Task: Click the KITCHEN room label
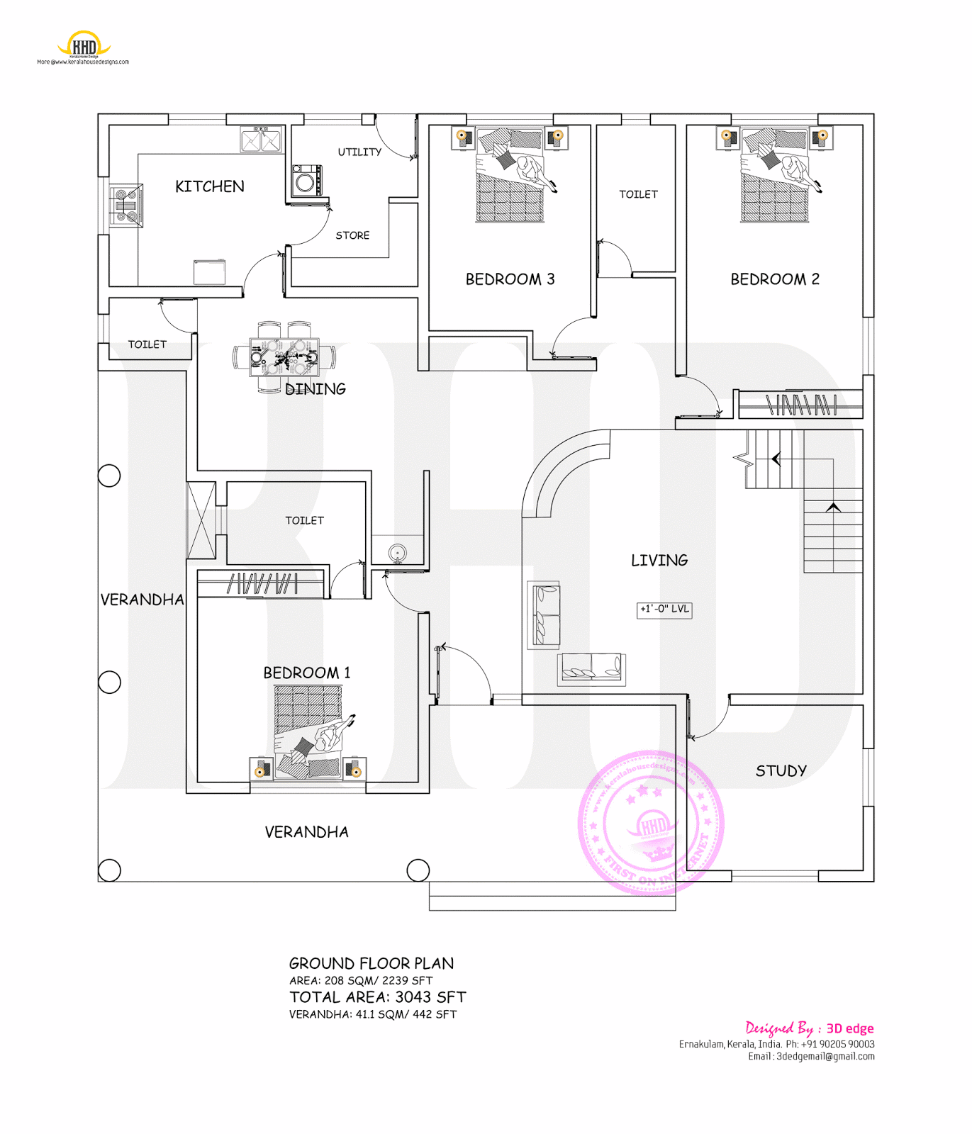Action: pyautogui.click(x=209, y=186)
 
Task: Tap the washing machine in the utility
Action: pyautogui.click(x=306, y=181)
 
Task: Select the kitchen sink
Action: pyautogui.click(x=261, y=140)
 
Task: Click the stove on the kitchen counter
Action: pyautogui.click(x=125, y=205)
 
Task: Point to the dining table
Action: pyautogui.click(x=284, y=357)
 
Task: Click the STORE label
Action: pyautogui.click(x=352, y=235)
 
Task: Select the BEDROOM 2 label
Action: pyautogui.click(x=774, y=279)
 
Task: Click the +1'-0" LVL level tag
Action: pyautogui.click(x=664, y=610)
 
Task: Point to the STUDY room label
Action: pyautogui.click(x=781, y=771)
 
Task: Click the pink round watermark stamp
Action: pyautogui.click(x=650, y=823)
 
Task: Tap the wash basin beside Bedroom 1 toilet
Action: pyautogui.click(x=397, y=553)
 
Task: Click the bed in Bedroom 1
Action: pyautogui.click(x=308, y=730)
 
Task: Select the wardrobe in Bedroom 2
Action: pyautogui.click(x=800, y=405)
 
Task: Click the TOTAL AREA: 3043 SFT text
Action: pyautogui.click(x=377, y=997)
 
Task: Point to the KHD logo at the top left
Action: pyautogui.click(x=84, y=45)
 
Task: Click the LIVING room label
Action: pyautogui.click(x=659, y=561)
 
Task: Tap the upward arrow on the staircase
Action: pyautogui.click(x=833, y=507)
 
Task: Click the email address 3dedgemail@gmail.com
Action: pyautogui.click(x=825, y=1057)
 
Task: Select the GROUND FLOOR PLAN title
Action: pyautogui.click(x=371, y=964)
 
